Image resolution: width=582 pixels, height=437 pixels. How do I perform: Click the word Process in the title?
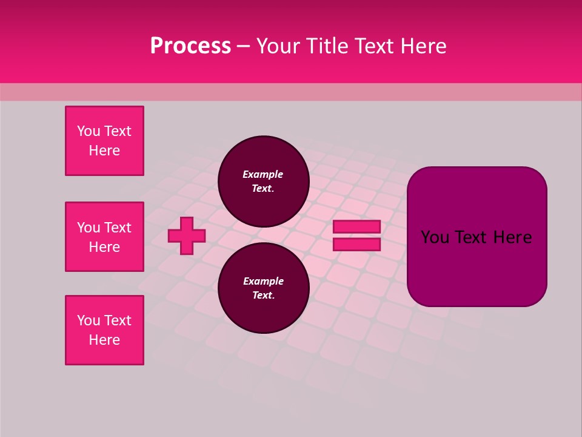click(190, 46)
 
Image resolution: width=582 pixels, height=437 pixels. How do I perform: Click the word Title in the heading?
click(328, 46)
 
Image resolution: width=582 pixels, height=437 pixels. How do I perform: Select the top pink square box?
click(104, 141)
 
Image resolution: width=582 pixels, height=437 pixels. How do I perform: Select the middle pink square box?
click(104, 237)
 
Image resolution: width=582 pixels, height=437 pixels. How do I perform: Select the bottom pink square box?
click(104, 330)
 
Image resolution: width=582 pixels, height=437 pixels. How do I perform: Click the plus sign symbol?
click(187, 235)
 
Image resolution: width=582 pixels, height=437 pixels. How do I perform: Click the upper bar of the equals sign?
click(356, 227)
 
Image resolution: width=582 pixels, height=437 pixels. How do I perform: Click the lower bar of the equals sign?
click(356, 245)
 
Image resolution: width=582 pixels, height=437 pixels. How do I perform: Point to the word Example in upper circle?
click(263, 174)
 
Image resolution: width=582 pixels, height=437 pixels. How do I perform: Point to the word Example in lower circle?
click(263, 281)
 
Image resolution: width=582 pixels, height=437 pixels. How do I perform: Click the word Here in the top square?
click(104, 151)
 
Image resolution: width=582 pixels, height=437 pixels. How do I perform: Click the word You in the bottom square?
click(89, 320)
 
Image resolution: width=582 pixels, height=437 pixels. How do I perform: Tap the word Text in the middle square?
click(118, 228)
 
